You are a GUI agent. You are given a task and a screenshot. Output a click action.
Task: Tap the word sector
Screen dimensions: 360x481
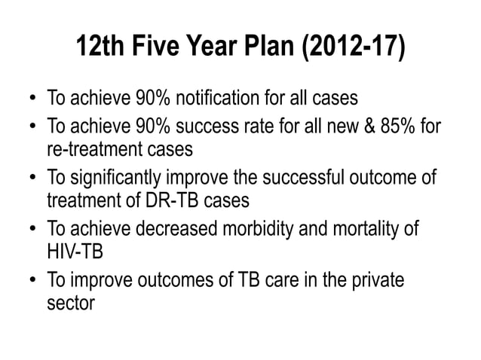(70, 306)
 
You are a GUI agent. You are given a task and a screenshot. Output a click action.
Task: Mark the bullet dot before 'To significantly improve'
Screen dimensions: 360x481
(33, 178)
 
